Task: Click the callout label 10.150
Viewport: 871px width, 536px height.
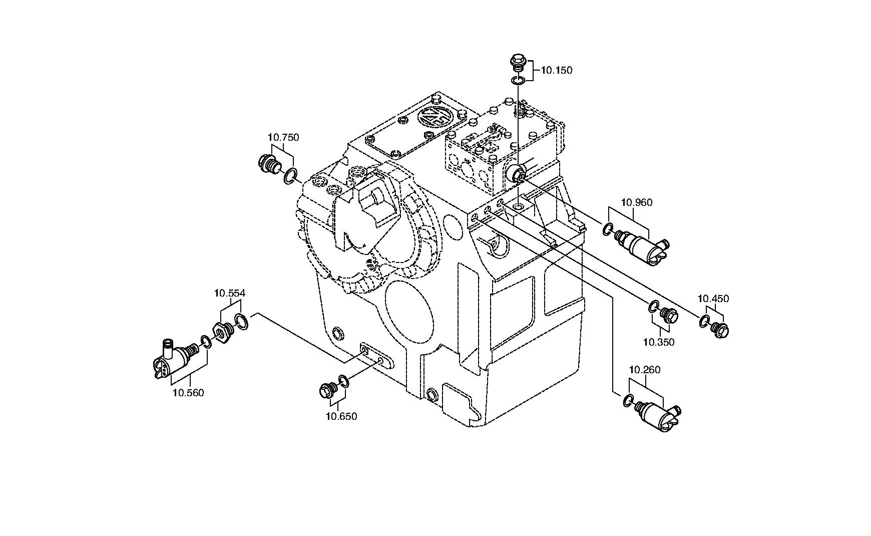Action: pyautogui.click(x=557, y=71)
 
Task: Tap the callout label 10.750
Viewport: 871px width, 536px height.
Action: pyautogui.click(x=283, y=137)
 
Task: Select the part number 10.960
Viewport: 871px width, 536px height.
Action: pyautogui.click(x=637, y=202)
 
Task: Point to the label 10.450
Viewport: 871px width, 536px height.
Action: pyautogui.click(x=713, y=299)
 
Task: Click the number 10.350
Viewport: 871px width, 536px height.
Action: pyautogui.click(x=659, y=343)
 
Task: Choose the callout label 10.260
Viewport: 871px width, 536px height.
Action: pyautogui.click(x=645, y=370)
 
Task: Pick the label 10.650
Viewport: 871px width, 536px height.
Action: pyautogui.click(x=341, y=416)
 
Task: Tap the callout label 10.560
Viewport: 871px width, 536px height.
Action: pyautogui.click(x=188, y=393)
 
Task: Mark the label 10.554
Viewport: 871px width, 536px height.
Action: pyautogui.click(x=230, y=294)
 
